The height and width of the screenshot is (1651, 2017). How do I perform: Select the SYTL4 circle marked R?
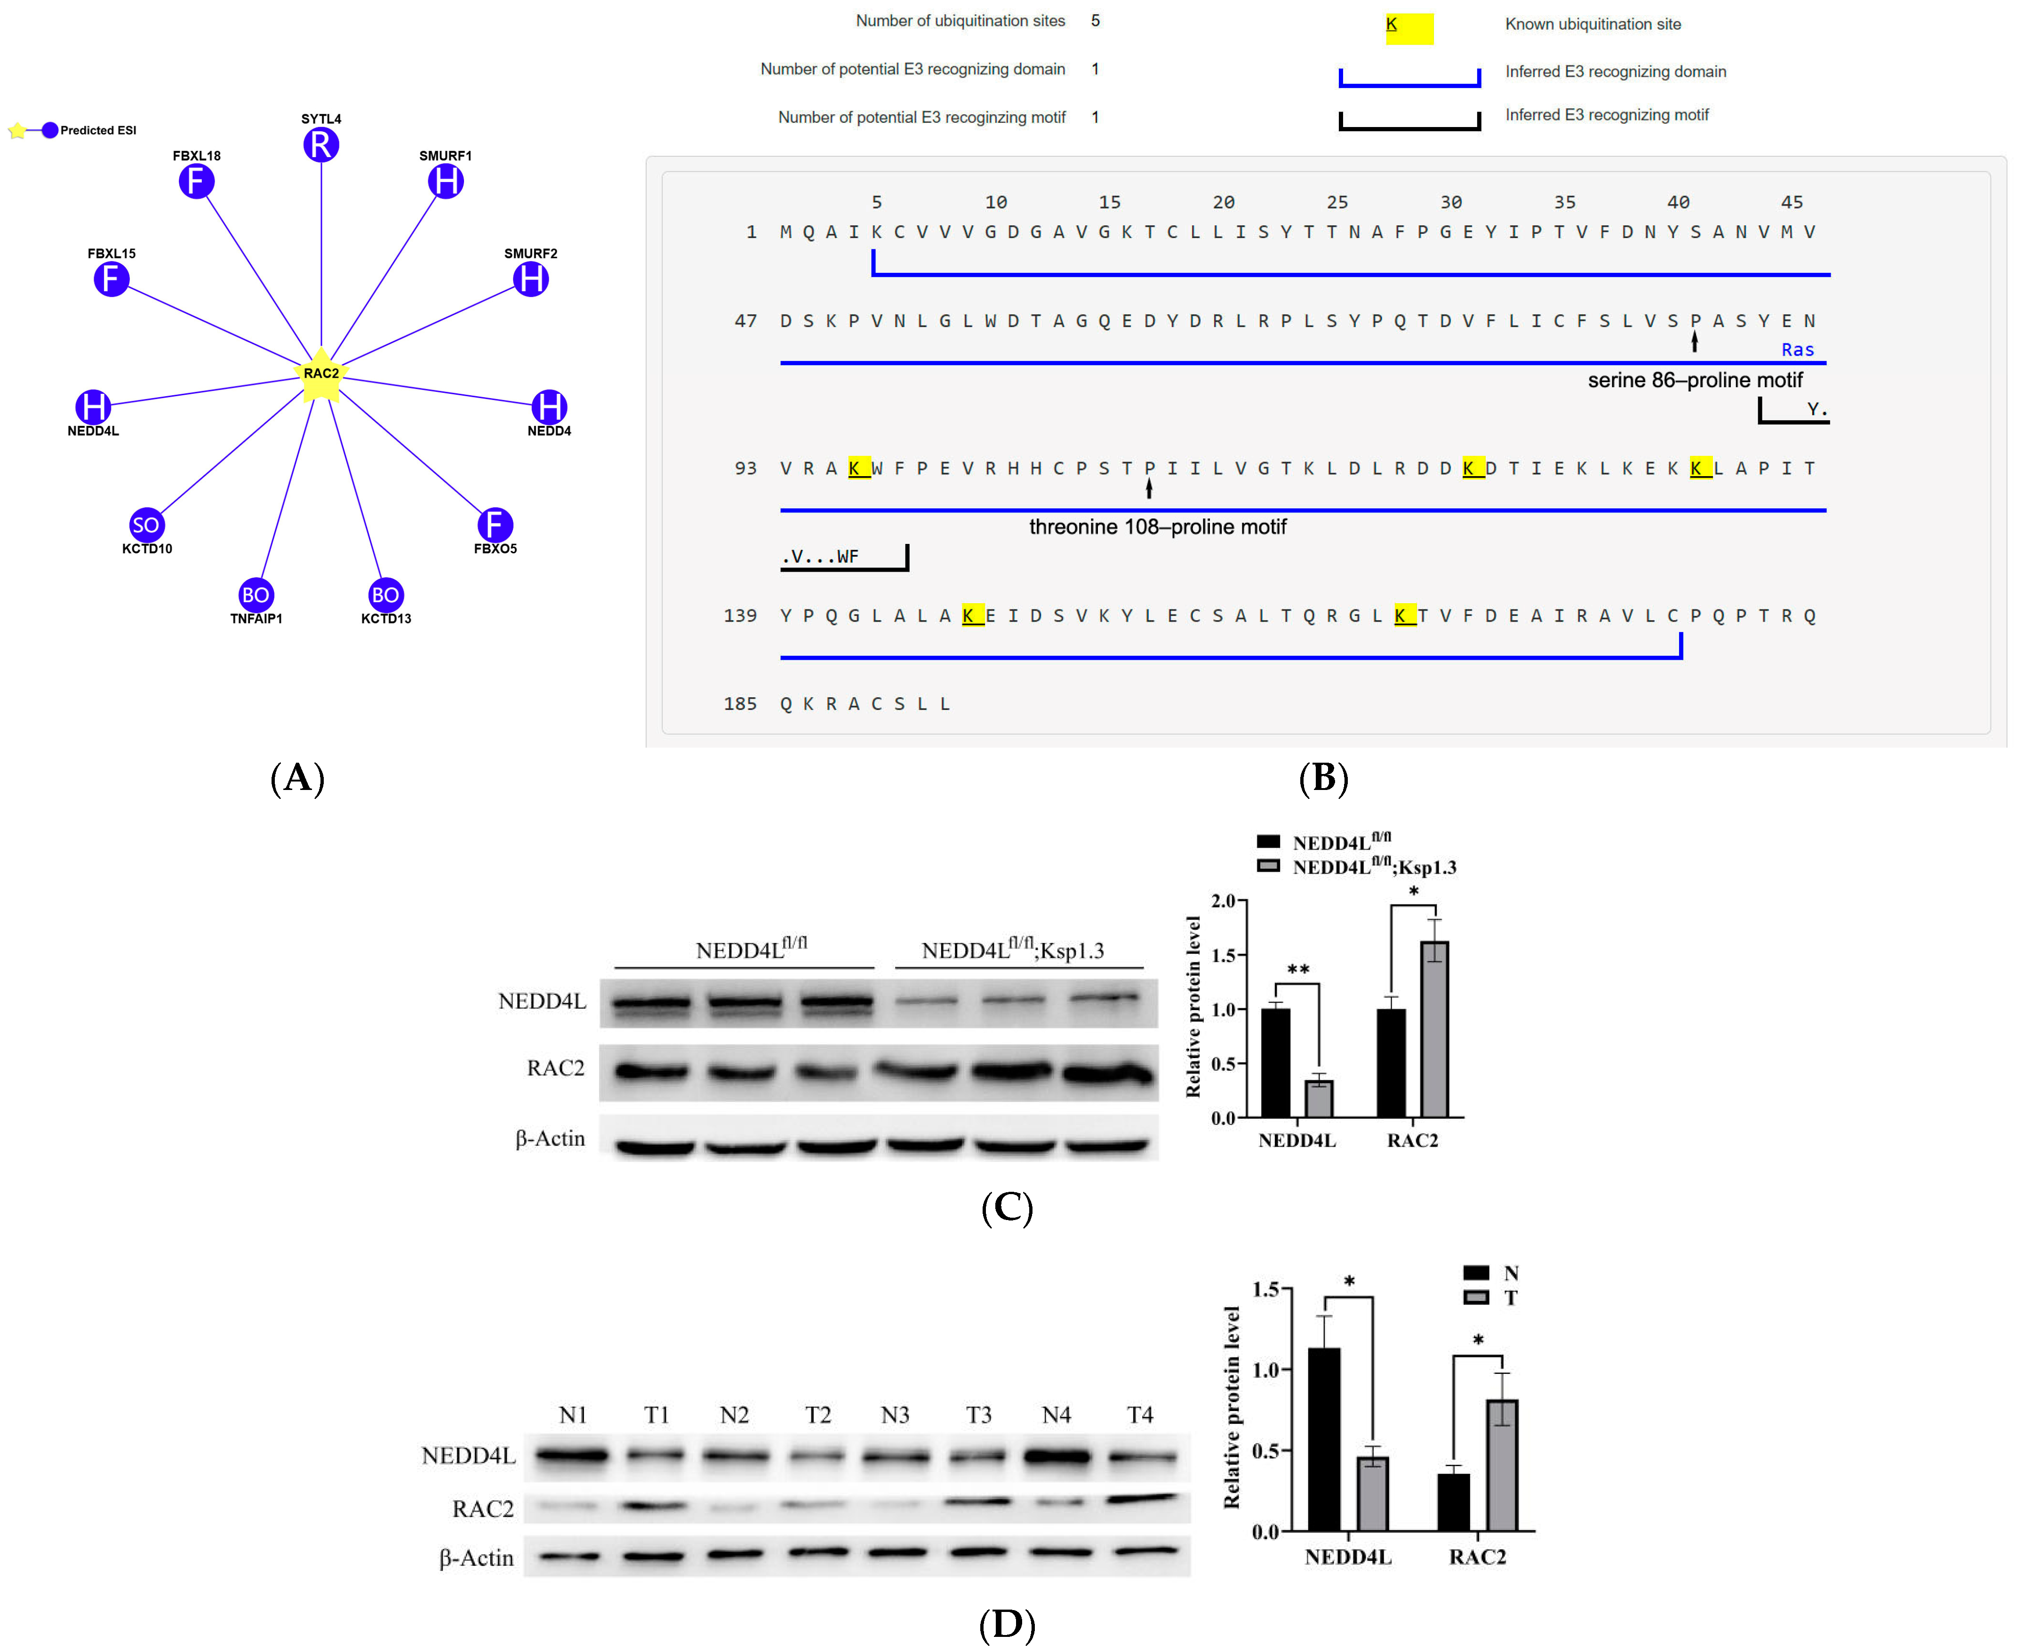321,145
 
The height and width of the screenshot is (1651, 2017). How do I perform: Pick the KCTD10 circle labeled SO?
146,525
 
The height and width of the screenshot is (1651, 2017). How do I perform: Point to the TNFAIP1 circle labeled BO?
256,595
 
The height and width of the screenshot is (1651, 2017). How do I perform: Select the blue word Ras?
1797,350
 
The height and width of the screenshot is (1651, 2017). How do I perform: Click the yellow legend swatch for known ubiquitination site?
1409,29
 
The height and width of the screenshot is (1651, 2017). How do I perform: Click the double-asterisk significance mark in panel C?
1298,969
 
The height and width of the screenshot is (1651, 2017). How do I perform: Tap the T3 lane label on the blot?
978,1415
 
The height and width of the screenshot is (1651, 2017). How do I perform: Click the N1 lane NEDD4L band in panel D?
571,1455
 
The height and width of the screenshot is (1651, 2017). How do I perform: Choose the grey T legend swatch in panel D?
1476,1297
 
